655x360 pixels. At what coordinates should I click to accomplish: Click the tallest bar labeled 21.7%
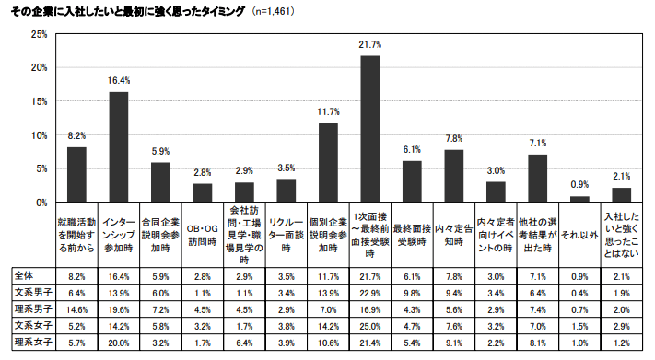click(x=370, y=129)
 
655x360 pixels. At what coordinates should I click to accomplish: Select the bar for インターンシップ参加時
click(x=119, y=146)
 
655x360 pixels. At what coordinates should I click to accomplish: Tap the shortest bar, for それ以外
click(x=579, y=199)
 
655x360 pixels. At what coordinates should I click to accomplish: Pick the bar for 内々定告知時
click(x=454, y=176)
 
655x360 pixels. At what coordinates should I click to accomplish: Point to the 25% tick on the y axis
click(x=39, y=34)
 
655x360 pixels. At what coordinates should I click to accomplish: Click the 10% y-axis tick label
click(x=39, y=135)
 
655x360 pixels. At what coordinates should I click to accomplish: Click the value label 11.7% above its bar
click(x=329, y=111)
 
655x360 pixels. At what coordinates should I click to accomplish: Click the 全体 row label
click(x=25, y=274)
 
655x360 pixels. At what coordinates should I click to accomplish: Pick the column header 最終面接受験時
click(x=412, y=235)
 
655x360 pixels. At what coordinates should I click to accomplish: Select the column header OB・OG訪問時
click(x=203, y=235)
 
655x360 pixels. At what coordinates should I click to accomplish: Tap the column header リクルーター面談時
click(x=287, y=235)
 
